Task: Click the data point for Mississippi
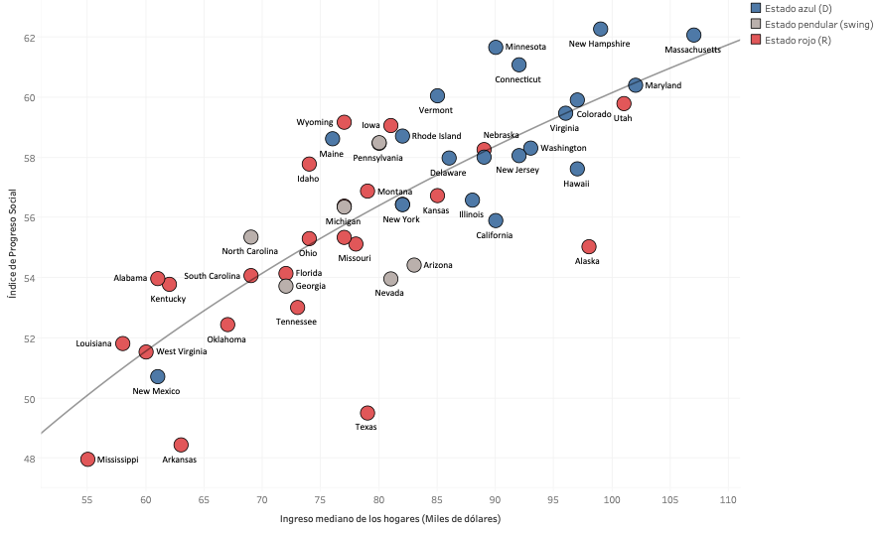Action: tap(87, 460)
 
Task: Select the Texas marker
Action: tap(367, 413)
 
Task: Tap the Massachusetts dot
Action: tap(693, 36)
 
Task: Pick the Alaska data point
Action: tap(589, 246)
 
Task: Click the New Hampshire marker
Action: tap(600, 30)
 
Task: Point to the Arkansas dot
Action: tap(181, 445)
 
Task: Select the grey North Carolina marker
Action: tap(251, 237)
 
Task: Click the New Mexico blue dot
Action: tap(158, 376)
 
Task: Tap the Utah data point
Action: tap(624, 103)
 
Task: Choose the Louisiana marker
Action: tap(123, 343)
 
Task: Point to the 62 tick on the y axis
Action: tap(30, 37)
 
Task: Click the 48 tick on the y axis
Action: tap(30, 459)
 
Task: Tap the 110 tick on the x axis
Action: tap(728, 497)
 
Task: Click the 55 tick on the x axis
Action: tap(87, 497)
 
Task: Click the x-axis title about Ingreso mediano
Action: tap(389, 518)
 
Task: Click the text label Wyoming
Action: tap(315, 123)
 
